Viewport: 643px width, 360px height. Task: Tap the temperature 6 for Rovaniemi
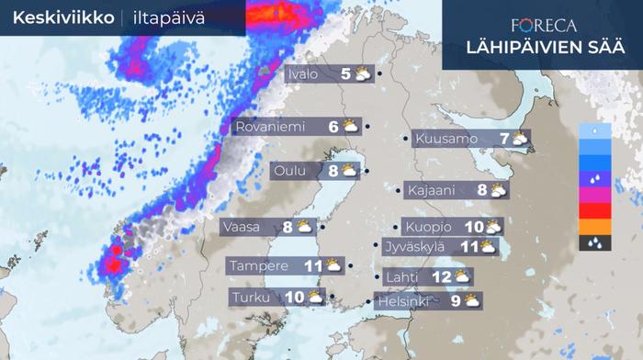333,127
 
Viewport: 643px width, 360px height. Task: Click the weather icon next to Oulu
350,170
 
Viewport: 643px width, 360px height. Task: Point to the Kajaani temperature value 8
482,190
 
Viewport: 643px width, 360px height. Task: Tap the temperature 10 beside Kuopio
473,226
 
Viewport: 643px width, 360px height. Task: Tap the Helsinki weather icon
471,299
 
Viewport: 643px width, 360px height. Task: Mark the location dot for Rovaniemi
367,127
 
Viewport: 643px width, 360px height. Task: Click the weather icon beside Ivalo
363,74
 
